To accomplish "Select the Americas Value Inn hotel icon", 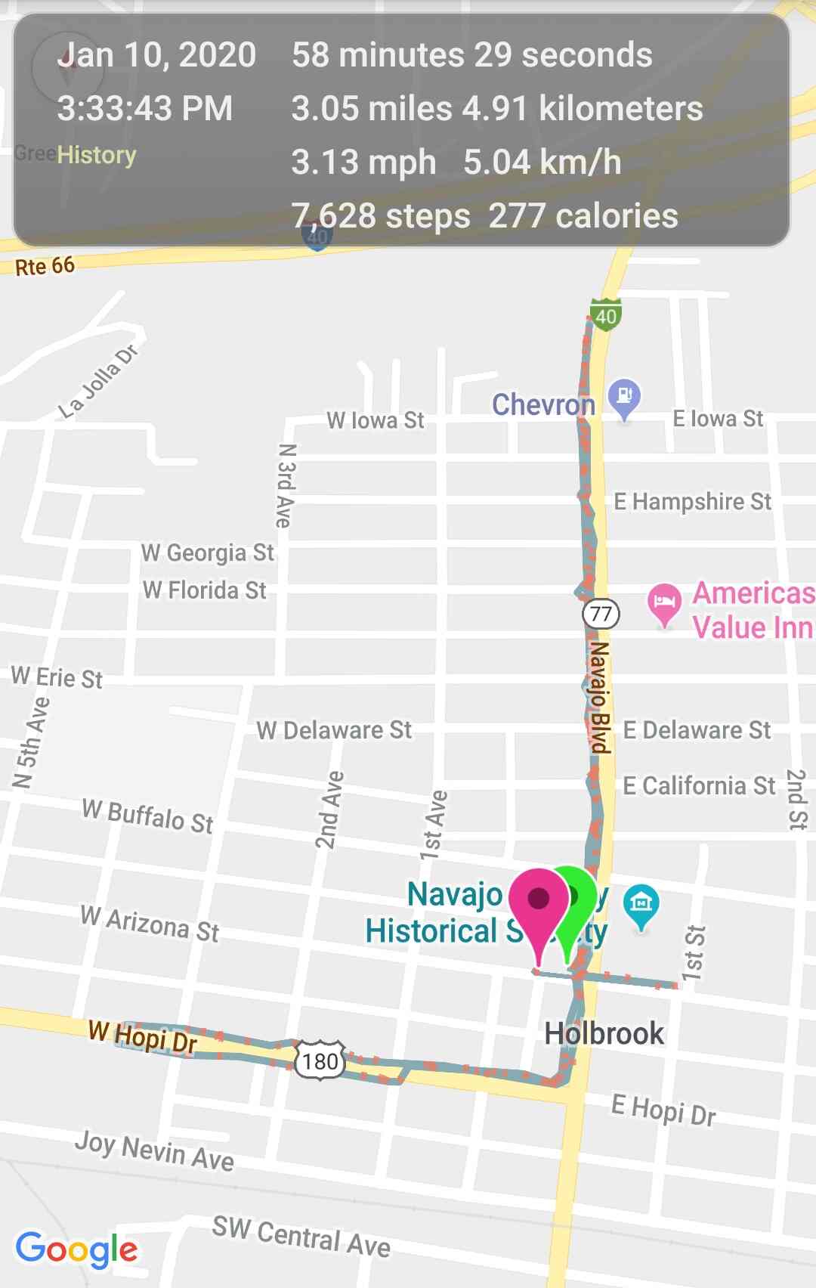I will pyautogui.click(x=663, y=603).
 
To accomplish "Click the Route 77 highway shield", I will pyautogui.click(x=601, y=613).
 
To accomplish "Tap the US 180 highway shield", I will pyautogui.click(x=320, y=1060).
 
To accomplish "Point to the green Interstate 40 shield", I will pyautogui.click(x=605, y=314).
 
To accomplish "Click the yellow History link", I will pyautogui.click(x=97, y=155).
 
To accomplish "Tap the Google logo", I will pyautogui.click(x=76, y=1248).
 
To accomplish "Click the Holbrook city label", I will pyautogui.click(x=604, y=1033).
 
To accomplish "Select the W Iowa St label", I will pyautogui.click(x=375, y=420).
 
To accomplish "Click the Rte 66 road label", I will pyautogui.click(x=45, y=266).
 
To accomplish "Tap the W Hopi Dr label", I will pyautogui.click(x=143, y=1036).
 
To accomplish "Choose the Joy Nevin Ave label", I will pyautogui.click(x=154, y=1150).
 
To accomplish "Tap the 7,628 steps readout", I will pyautogui.click(x=381, y=216).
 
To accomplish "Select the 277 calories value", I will pyautogui.click(x=583, y=216).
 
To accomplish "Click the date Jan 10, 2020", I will pyautogui.click(x=157, y=55).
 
